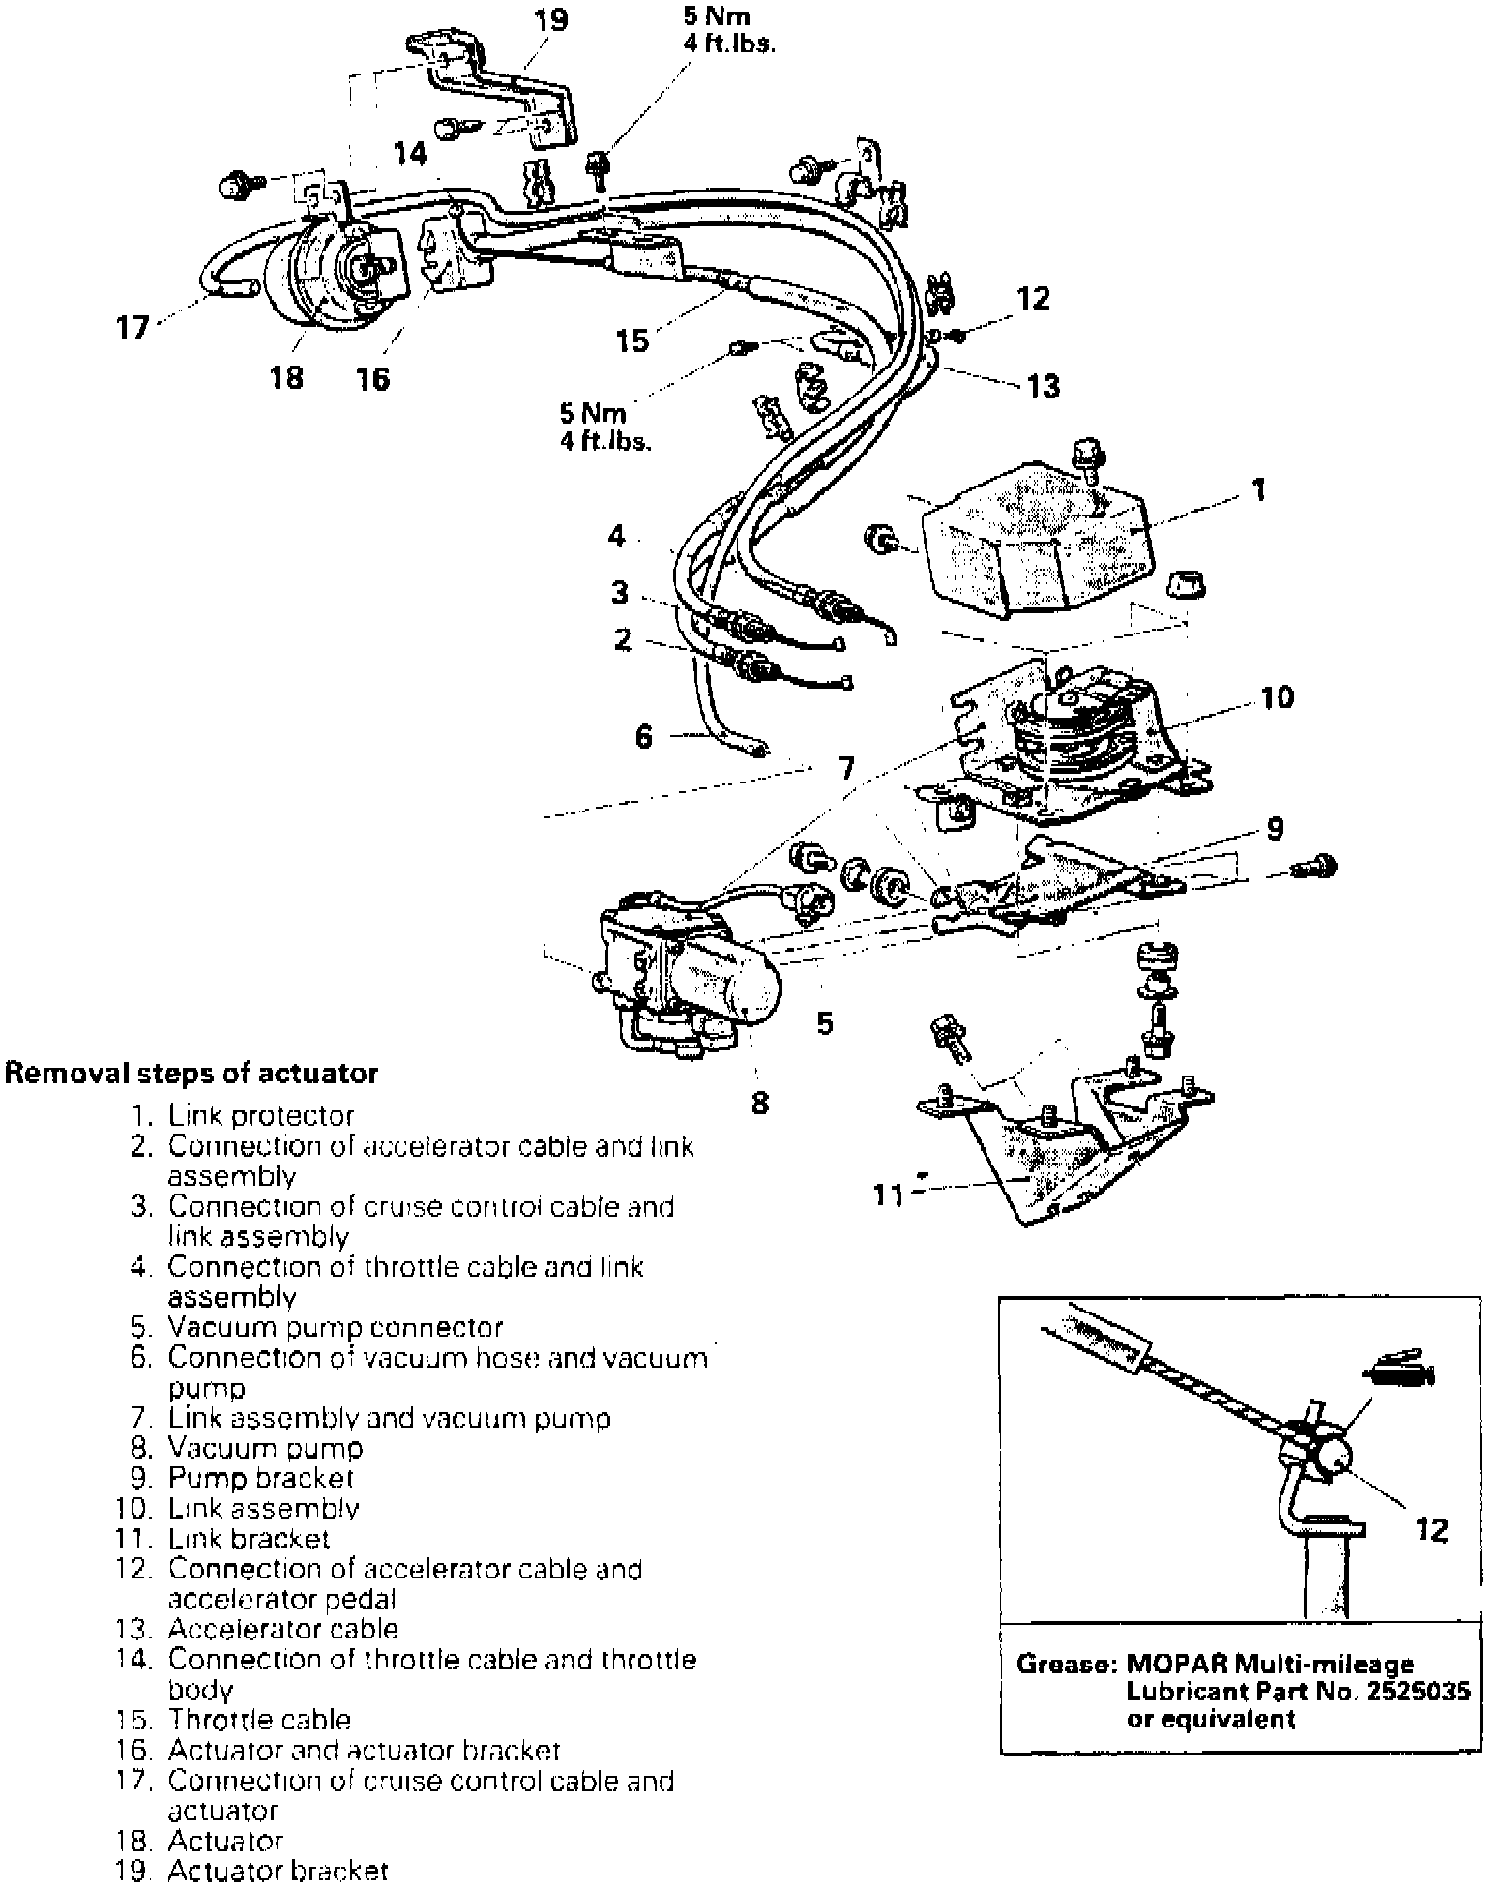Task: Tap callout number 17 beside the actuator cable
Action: (132, 327)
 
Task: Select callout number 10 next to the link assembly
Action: (1277, 697)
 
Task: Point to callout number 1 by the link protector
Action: (1259, 490)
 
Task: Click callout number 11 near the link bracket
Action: (888, 1196)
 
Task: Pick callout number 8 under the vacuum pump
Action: (760, 1102)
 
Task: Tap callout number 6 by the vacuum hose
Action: (644, 737)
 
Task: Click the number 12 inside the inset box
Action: (1431, 1529)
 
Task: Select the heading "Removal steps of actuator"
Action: (191, 1073)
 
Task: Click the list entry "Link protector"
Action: (261, 1115)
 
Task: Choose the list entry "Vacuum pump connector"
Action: (335, 1327)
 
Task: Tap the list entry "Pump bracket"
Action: (261, 1478)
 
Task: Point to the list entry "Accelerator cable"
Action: (282, 1629)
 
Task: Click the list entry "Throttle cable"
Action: (259, 1720)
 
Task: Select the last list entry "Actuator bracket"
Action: (278, 1871)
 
